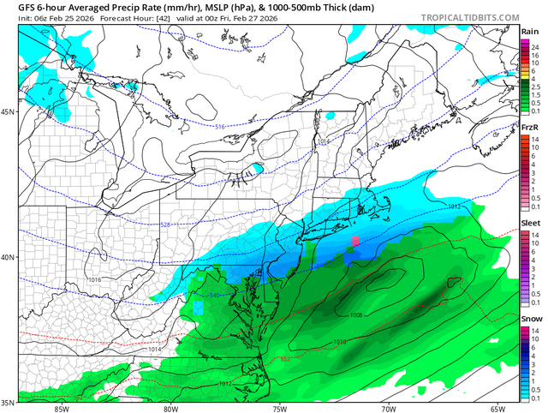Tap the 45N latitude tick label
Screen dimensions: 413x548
[x=8, y=112]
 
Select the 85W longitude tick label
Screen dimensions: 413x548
[x=60, y=408]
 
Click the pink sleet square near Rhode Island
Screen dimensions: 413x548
[x=355, y=241]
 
